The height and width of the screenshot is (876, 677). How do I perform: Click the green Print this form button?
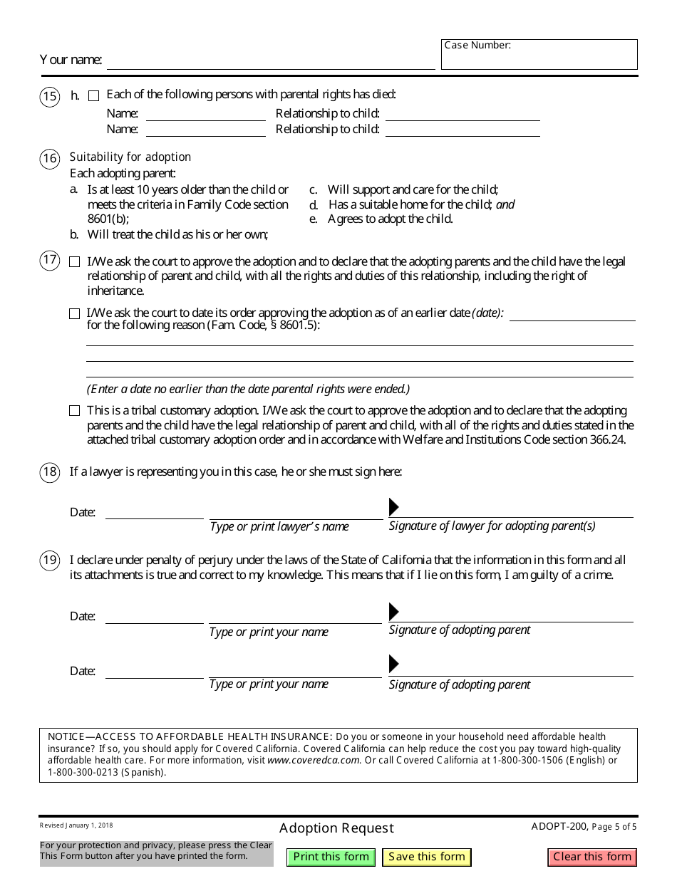click(x=331, y=857)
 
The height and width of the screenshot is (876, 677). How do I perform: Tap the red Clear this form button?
click(x=592, y=857)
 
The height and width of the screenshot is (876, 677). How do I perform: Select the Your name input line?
click(x=271, y=61)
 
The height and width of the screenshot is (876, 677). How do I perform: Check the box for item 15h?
click(x=94, y=95)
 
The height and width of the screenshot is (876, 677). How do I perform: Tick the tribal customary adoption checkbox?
click(x=75, y=411)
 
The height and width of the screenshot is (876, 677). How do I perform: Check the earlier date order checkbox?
click(x=75, y=313)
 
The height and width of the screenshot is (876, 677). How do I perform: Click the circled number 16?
click(x=49, y=158)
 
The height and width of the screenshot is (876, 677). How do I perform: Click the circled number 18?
click(x=49, y=472)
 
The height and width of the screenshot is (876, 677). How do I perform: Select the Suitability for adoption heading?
click(x=130, y=157)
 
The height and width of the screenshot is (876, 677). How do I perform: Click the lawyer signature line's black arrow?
click(x=393, y=507)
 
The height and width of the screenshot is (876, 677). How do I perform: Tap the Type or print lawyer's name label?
click(x=279, y=526)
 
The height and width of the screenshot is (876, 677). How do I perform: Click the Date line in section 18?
click(x=154, y=512)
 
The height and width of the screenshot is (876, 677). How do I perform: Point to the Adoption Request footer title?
click(x=336, y=828)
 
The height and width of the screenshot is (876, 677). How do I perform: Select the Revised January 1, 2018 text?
click(x=76, y=825)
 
